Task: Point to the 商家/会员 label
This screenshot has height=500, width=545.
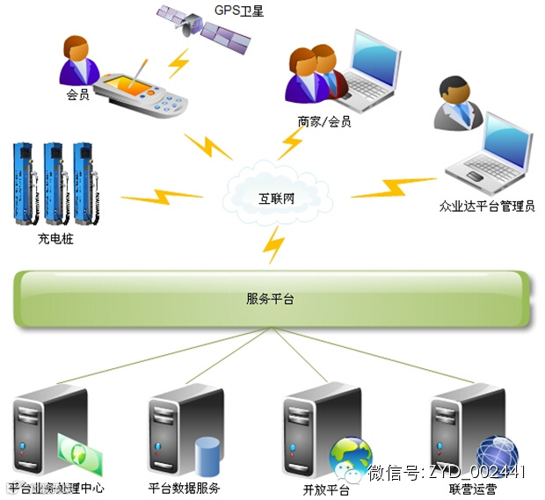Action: (x=324, y=122)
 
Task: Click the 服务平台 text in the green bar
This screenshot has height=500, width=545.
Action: (x=270, y=299)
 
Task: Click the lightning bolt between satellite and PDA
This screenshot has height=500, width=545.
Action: (x=179, y=62)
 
